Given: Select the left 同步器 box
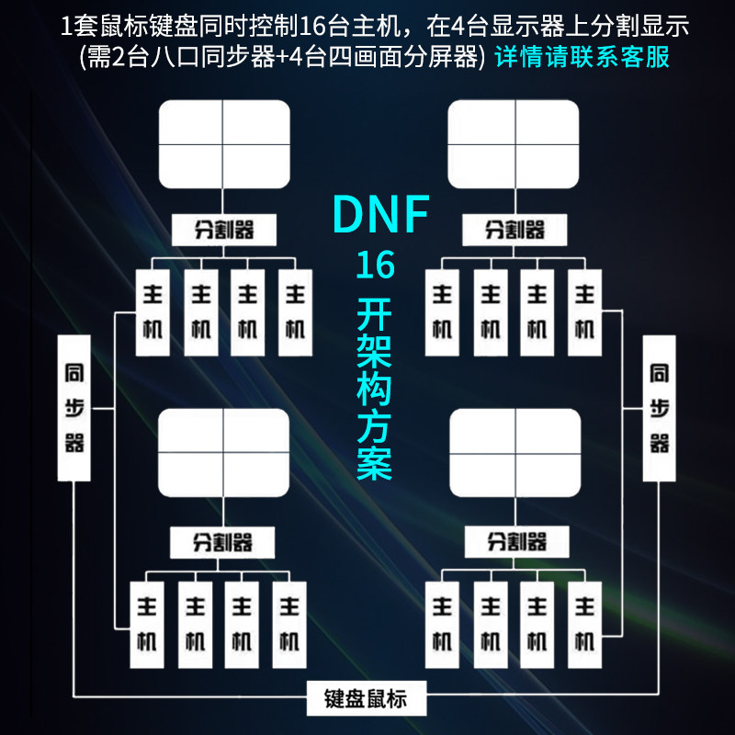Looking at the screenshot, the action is [x=74, y=408].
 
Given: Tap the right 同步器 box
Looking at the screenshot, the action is [x=659, y=408].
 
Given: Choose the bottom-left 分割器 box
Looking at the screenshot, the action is [x=223, y=542].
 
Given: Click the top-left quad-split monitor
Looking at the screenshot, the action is [x=224, y=144].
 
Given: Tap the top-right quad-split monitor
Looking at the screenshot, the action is [x=515, y=144].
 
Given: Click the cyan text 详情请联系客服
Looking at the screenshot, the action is [x=582, y=57].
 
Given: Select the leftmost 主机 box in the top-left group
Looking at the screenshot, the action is [x=153, y=312].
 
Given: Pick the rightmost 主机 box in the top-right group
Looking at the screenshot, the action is [x=584, y=312].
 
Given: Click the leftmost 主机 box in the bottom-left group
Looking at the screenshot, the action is [x=147, y=624].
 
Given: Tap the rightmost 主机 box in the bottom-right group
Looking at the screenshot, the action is [x=584, y=624].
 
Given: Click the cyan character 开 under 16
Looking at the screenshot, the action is [x=375, y=314].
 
